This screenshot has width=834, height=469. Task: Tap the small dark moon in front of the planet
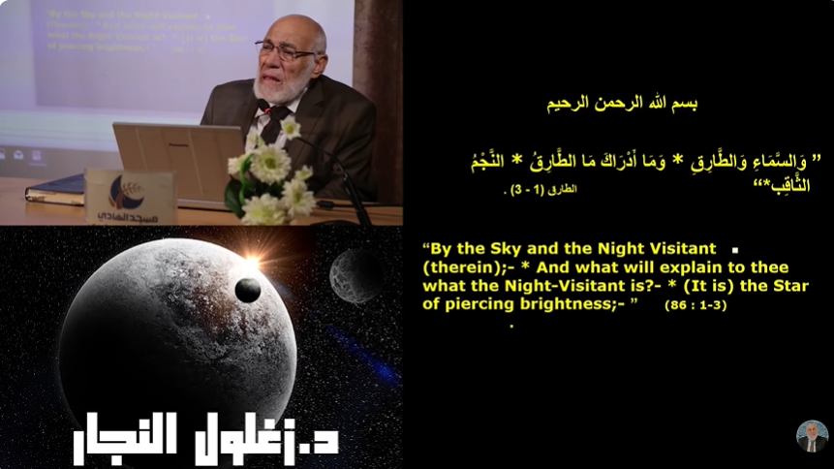248,290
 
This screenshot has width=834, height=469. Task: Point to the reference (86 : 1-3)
695,305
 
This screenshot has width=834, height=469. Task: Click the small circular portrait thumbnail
812,436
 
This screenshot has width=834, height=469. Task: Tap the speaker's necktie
273,123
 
